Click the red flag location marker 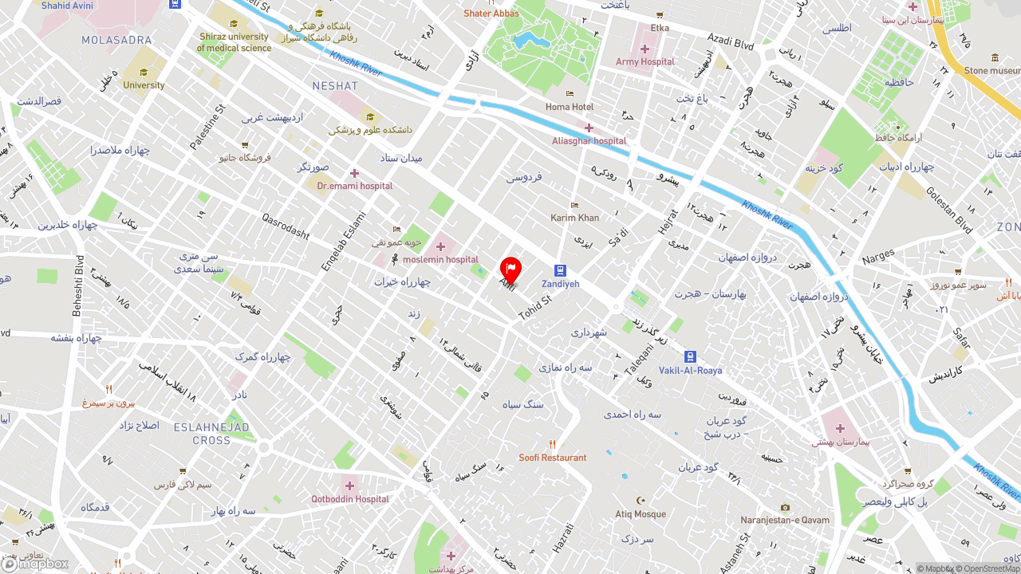[510, 269]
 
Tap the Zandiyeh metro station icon [561, 271]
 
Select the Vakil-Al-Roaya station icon [690, 357]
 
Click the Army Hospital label [645, 61]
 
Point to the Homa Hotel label [570, 107]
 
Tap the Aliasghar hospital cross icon [589, 128]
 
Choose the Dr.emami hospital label [355, 186]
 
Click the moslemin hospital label [440, 259]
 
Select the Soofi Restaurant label [552, 458]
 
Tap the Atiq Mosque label [640, 514]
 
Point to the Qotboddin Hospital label [349, 499]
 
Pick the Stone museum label [991, 70]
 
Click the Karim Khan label [574, 218]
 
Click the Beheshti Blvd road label [79, 285]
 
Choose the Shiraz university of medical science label [234, 42]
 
